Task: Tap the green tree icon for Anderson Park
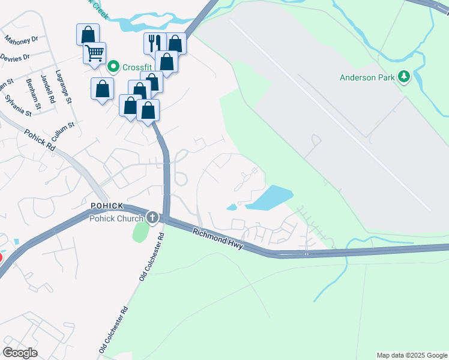pyautogui.click(x=405, y=76)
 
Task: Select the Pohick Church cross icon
pyautogui.click(x=152, y=217)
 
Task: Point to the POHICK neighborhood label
pyautogui.click(x=107, y=206)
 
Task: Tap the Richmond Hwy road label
pyautogui.click(x=218, y=238)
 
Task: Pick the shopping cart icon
pyautogui.click(x=94, y=53)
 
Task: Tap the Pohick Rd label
pyautogui.click(x=40, y=140)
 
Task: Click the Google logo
pyautogui.click(x=20, y=352)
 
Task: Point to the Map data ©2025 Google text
pyautogui.click(x=411, y=355)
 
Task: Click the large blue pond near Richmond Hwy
pyautogui.click(x=269, y=197)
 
